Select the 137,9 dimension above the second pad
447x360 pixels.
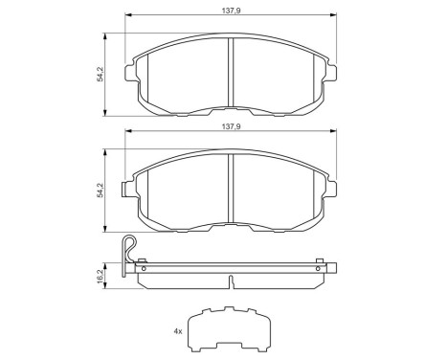231,125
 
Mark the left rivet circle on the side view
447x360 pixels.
144,271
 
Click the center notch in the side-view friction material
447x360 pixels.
232,281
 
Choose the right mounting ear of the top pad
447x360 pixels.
330,70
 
